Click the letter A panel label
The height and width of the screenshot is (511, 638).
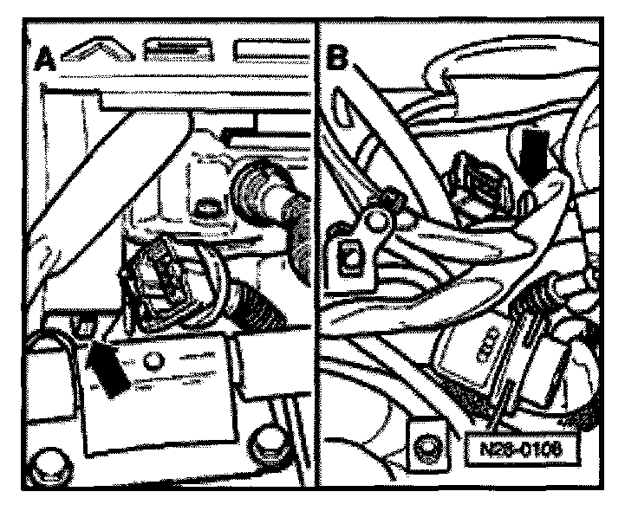(47, 61)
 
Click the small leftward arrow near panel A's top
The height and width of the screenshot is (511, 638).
(232, 134)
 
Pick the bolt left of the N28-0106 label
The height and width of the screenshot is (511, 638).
(426, 450)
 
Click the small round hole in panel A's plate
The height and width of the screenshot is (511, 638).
(154, 360)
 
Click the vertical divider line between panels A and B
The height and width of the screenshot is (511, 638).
(316, 260)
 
